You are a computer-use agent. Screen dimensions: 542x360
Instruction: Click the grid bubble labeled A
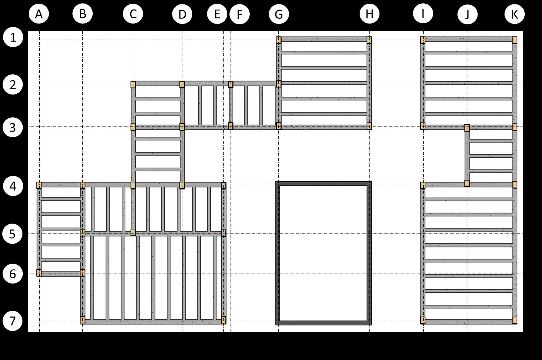click(39, 14)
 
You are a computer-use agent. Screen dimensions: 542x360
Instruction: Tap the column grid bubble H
click(370, 14)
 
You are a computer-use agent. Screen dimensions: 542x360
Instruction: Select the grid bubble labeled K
click(514, 14)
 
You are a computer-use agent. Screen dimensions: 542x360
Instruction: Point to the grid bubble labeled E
click(217, 14)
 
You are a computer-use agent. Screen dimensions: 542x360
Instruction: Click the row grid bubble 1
click(13, 38)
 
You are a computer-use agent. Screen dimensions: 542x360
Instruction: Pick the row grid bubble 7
click(13, 321)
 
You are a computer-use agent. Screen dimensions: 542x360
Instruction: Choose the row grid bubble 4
click(13, 186)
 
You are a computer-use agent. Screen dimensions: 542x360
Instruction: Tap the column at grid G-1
click(279, 40)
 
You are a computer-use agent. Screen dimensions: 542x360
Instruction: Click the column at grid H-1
click(369, 40)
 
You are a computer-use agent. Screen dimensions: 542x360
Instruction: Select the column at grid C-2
click(133, 85)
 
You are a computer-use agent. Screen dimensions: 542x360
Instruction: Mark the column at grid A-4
click(39, 185)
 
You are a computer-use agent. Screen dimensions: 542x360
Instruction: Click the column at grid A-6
click(39, 272)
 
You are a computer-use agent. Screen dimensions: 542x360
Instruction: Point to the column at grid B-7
click(82, 320)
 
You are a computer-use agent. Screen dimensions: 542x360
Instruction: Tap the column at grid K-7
click(514, 320)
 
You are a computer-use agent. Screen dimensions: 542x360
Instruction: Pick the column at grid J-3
click(467, 128)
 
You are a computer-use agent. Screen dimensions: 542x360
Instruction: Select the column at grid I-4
click(423, 185)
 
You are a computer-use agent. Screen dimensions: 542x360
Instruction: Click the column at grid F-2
click(231, 85)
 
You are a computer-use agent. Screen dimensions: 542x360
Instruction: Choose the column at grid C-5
click(133, 232)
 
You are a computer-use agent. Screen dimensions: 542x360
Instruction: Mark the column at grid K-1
click(514, 40)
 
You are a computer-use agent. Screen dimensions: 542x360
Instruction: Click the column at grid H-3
click(369, 126)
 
